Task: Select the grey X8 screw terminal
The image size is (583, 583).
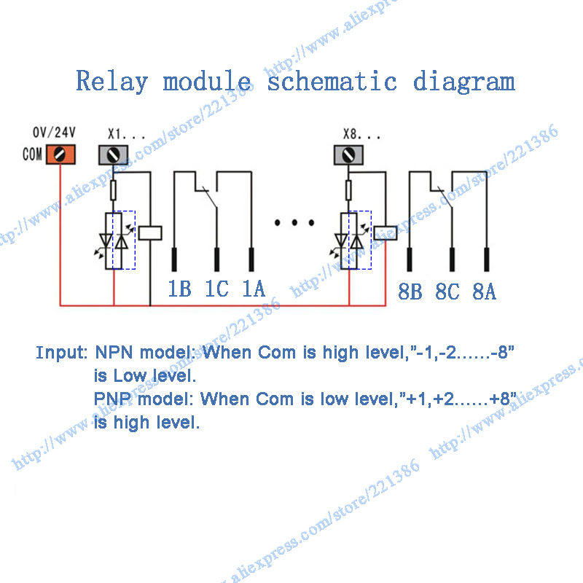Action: pos(348,155)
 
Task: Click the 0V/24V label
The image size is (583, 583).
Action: pos(55,133)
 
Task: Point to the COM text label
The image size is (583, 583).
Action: pos(32,155)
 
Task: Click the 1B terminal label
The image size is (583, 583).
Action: pos(179,289)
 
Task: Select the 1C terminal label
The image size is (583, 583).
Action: pos(216,289)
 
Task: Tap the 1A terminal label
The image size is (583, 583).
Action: pos(253,289)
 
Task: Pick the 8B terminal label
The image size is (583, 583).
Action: pos(410,292)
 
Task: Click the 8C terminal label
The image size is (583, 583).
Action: pos(447,292)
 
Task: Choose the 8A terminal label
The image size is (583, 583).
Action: pos(484,292)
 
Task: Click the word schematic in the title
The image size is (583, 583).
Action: pos(332,82)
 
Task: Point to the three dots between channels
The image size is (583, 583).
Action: pos(294,222)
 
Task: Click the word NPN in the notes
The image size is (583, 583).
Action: pos(116,353)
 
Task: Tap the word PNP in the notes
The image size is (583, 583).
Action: pos(115,399)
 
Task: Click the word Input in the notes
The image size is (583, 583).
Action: pos(61,353)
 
